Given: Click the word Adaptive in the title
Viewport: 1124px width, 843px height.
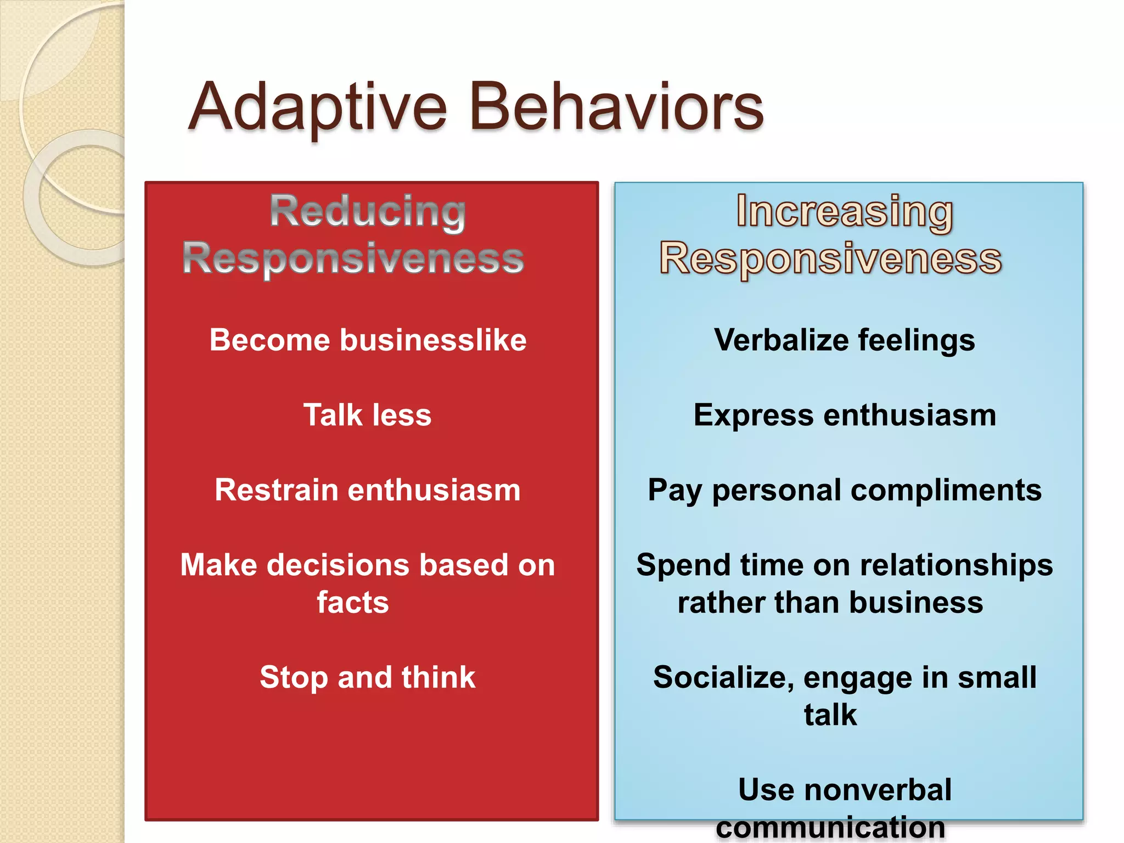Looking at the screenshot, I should coord(318,107).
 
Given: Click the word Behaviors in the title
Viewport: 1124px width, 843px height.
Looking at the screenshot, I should coord(616,107).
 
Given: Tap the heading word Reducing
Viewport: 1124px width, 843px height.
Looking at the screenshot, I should coord(368,211).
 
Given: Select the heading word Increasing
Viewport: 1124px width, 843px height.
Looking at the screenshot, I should coord(844,211).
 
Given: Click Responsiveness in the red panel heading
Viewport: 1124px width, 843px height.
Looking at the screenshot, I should coord(353,258).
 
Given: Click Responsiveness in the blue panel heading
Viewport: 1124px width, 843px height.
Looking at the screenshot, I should coord(830,258).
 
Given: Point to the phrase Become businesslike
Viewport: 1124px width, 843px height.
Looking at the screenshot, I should coord(368,340).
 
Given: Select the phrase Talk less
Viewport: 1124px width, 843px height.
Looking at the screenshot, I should coord(367,415).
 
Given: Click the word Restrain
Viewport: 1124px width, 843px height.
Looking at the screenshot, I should coord(276,490).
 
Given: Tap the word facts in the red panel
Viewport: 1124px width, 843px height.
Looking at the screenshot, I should coord(353,603).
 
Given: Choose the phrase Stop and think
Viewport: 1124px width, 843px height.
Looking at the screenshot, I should coord(367,677).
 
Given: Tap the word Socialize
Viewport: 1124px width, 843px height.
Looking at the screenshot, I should coord(723,677).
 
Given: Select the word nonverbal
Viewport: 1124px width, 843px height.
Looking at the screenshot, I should coord(878,790).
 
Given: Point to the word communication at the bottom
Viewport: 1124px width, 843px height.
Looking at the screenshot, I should coord(830,827).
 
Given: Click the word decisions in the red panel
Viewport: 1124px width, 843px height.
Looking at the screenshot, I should coord(339,565).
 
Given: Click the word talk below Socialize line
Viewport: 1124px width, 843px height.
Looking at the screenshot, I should coord(830,715).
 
